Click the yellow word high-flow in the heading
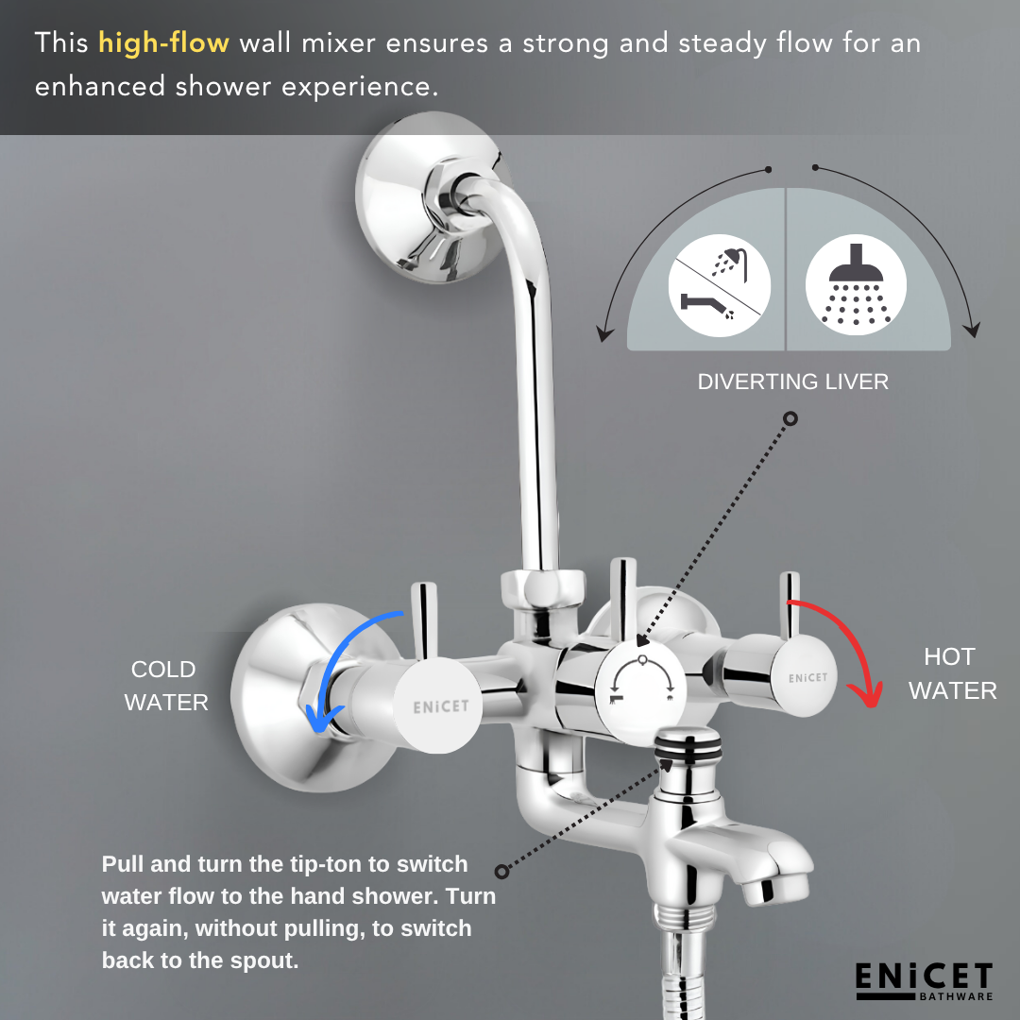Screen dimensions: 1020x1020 pos(163,43)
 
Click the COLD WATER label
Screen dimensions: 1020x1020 pos(165,686)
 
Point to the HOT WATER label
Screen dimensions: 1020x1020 pos(952,673)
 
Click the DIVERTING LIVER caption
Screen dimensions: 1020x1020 pos(792,382)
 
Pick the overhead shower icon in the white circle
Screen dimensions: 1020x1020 pos(856,283)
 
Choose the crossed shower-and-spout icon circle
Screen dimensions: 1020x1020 pos(719,285)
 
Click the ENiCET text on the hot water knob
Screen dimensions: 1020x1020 pos(807,677)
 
